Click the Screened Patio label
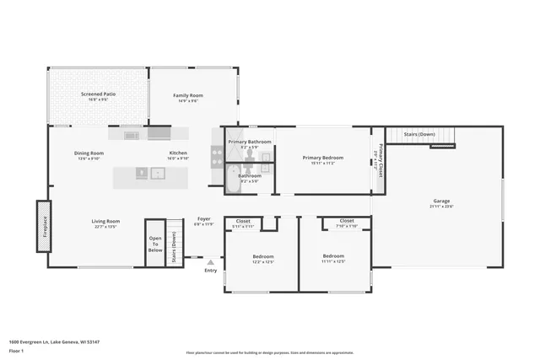[x=97, y=94]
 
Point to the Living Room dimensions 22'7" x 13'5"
[x=105, y=227]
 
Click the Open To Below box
[x=154, y=244]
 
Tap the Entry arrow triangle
[x=210, y=262]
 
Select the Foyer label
[x=204, y=218]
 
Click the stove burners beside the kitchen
[x=217, y=156]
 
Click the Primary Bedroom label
[x=323, y=158]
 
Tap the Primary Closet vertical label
[x=381, y=159]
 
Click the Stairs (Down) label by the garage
[x=419, y=134]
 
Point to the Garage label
[x=441, y=201]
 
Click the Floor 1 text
[x=16, y=349]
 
